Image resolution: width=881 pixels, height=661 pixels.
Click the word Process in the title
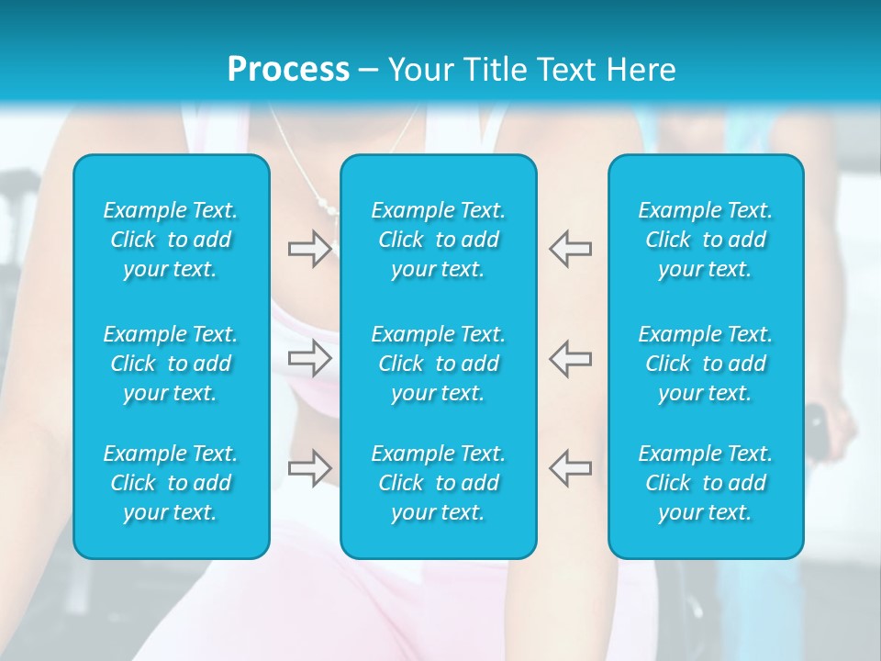[x=288, y=70]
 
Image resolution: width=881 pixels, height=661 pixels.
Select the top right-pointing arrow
[x=309, y=249]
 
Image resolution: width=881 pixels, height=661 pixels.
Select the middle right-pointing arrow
[x=309, y=358]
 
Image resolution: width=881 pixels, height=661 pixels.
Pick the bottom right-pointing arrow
[x=309, y=468]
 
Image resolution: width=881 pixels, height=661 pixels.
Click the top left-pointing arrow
[x=570, y=249]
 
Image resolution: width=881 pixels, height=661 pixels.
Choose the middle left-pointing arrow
[x=570, y=358]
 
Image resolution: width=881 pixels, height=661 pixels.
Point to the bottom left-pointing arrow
[x=570, y=468]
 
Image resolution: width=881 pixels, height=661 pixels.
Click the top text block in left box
[x=171, y=240]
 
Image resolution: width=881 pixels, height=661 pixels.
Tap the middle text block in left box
[x=171, y=364]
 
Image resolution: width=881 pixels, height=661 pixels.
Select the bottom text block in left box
[x=171, y=483]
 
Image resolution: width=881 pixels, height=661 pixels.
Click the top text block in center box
[x=439, y=240]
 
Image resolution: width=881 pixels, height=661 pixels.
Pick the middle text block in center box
[x=439, y=364]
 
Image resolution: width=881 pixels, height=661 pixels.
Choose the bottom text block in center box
[x=439, y=483]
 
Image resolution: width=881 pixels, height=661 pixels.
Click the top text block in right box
[x=706, y=240]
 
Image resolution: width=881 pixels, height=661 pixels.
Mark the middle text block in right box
[x=706, y=364]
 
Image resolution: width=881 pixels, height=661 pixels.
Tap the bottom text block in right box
[x=706, y=483]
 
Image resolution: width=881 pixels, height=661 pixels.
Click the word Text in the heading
[x=569, y=70]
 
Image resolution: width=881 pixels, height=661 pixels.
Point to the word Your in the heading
[x=418, y=70]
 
